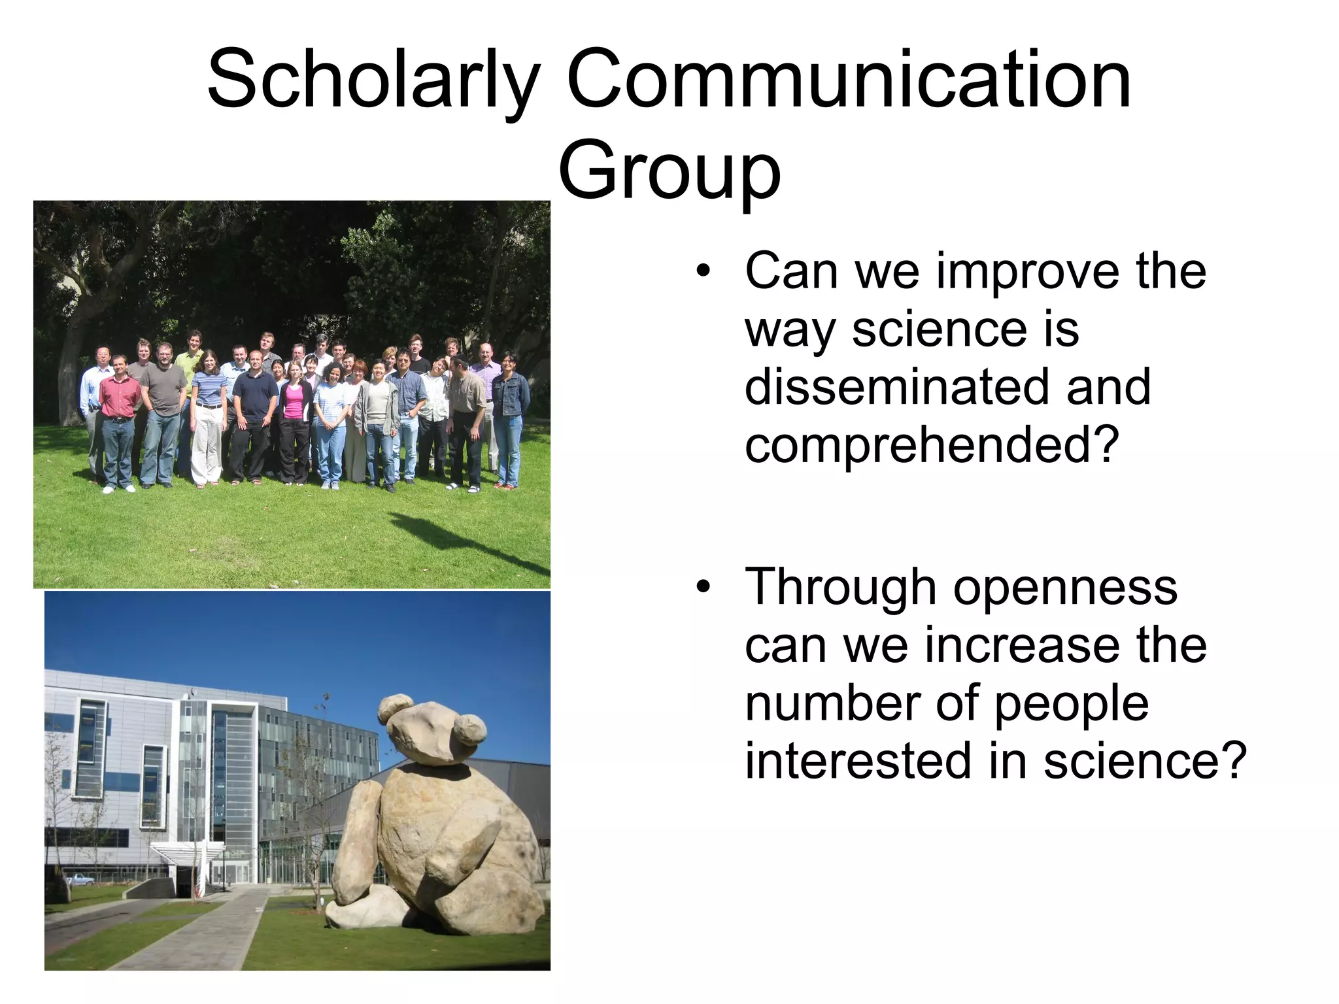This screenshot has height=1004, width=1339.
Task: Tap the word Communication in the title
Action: pos(849,80)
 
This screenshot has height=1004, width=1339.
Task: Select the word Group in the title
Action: pos(669,172)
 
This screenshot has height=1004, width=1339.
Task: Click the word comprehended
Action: pos(932,444)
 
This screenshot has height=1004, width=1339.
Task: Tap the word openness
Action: pos(1065,588)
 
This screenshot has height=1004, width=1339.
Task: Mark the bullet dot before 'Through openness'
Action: pos(703,586)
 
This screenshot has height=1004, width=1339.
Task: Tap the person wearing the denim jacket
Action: pos(510,412)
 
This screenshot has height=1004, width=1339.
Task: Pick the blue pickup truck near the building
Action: pos(79,878)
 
